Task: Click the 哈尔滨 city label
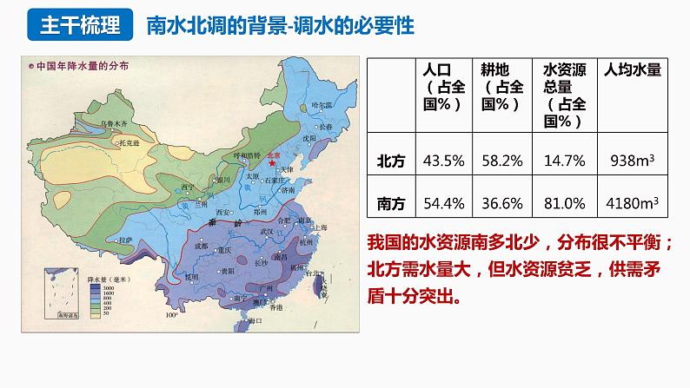pos(321,105)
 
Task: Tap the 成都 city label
pos(202,245)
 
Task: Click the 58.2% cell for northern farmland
pos(501,161)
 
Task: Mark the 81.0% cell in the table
pos(563,203)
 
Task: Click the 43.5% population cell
pos(442,161)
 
